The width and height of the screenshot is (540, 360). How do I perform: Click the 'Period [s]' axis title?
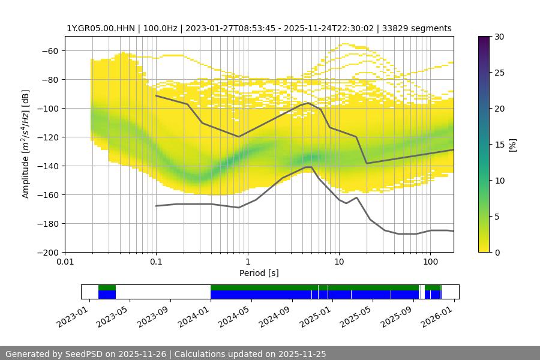click(x=259, y=273)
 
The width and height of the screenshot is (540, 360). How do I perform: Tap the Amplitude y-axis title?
click(x=25, y=144)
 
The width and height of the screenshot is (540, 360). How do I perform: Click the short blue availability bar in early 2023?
click(x=107, y=295)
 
